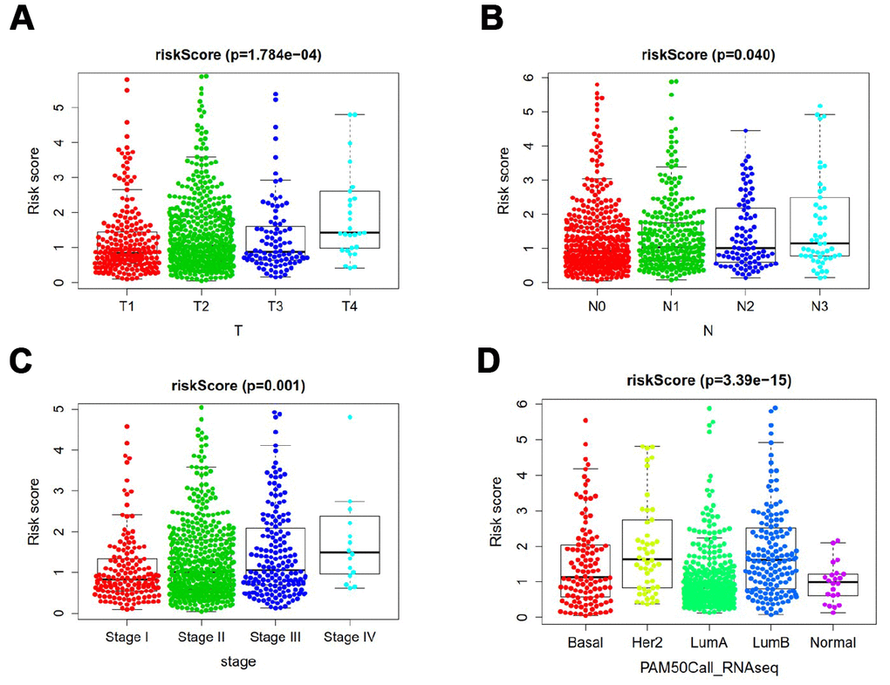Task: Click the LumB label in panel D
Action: (x=771, y=642)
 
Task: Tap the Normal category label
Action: (x=831, y=642)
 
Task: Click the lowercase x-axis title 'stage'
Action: (x=237, y=661)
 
